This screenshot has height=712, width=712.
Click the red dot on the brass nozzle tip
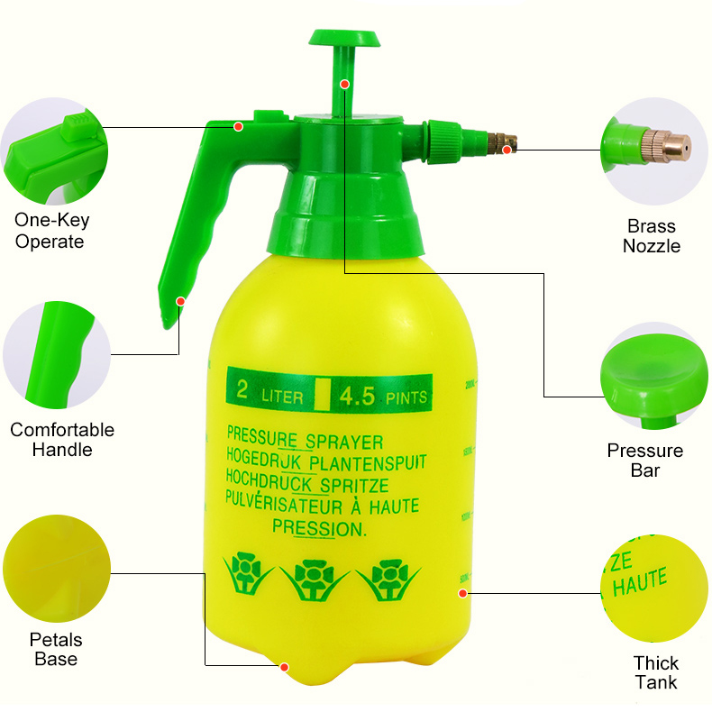(507, 150)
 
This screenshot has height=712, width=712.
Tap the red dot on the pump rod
(344, 84)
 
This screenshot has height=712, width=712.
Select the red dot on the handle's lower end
(180, 302)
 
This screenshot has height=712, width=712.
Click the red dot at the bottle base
(284, 667)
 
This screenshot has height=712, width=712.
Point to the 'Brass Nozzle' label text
(651, 236)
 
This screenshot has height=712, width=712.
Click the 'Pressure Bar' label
(645, 460)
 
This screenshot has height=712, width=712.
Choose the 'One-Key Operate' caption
(51, 231)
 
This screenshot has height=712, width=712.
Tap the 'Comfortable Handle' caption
(62, 440)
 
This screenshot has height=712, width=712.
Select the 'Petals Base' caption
(56, 649)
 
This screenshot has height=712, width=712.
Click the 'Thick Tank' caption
(656, 672)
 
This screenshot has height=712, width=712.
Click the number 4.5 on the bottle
(358, 396)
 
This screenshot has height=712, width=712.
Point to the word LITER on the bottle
(282, 397)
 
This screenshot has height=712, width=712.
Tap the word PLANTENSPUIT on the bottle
(368, 462)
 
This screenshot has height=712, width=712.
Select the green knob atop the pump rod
(344, 38)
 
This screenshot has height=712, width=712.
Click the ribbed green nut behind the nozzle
(443, 141)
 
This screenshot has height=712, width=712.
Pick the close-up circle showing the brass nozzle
(655, 151)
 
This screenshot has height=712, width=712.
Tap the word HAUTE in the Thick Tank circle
(639, 581)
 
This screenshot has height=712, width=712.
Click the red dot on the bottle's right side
(462, 593)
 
